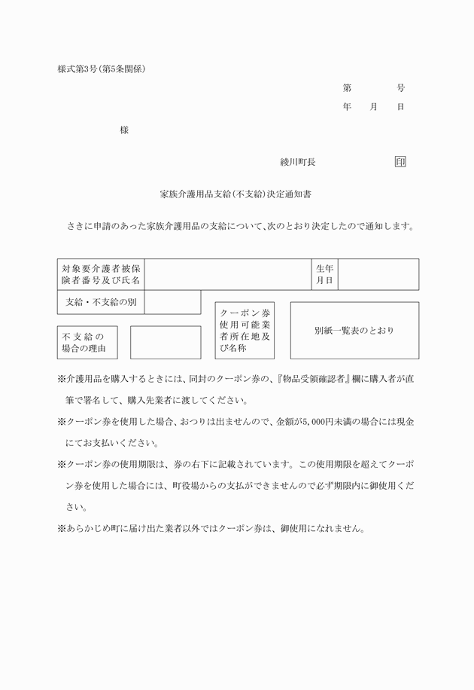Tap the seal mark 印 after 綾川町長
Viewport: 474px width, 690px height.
400,161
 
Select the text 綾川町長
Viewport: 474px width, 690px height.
297,161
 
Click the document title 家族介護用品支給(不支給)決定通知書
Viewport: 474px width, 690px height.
236,194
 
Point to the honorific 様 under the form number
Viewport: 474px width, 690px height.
124,130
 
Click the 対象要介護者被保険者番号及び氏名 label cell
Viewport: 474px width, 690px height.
101,274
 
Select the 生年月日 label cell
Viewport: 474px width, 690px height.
325,274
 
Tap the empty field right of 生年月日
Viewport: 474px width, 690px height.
378,274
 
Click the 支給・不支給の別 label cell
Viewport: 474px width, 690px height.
101,302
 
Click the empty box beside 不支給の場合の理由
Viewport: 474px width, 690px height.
165,342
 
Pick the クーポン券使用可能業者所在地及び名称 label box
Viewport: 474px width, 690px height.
245,331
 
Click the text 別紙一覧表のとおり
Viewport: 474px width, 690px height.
354,331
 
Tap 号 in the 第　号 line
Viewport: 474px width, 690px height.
400,88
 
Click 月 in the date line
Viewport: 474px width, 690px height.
373,107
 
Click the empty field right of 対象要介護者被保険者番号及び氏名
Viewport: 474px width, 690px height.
227,274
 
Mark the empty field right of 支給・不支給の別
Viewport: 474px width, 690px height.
172,302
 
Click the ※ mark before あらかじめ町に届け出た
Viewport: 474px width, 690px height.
62,528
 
